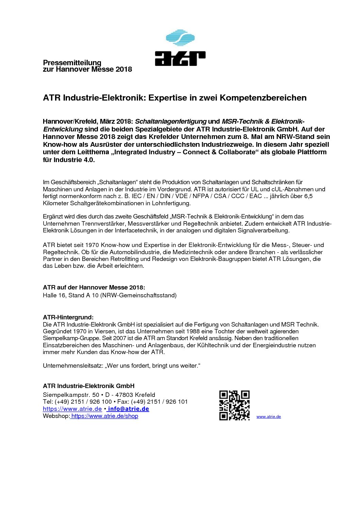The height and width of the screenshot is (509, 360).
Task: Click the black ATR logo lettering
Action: pyautogui.click(x=180, y=58)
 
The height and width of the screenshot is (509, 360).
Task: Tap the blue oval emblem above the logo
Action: pyautogui.click(x=180, y=38)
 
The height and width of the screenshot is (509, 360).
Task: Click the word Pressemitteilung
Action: pyautogui.click(x=72, y=63)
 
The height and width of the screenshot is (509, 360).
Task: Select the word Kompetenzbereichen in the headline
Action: pyautogui.click(x=263, y=98)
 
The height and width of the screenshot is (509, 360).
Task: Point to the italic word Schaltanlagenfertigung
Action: pyautogui.click(x=171, y=122)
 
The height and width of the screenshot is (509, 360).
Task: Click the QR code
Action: pyautogui.click(x=234, y=405)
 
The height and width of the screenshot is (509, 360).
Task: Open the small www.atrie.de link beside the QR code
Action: pyautogui.click(x=269, y=417)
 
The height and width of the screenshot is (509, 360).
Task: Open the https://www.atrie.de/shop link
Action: pyautogui.click(x=105, y=416)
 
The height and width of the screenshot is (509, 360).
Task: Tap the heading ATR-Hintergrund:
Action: pyautogui.click(x=68, y=317)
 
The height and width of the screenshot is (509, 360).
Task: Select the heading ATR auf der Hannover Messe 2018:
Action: pyautogui.click(x=94, y=287)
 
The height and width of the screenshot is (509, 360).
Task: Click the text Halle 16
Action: pyautogui.click(x=54, y=295)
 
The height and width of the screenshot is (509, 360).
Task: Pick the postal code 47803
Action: pyautogui.click(x=124, y=395)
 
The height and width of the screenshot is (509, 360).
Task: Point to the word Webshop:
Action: pyautogui.click(x=56, y=416)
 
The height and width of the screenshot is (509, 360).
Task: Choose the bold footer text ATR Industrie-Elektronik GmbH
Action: pyautogui.click(x=88, y=386)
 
